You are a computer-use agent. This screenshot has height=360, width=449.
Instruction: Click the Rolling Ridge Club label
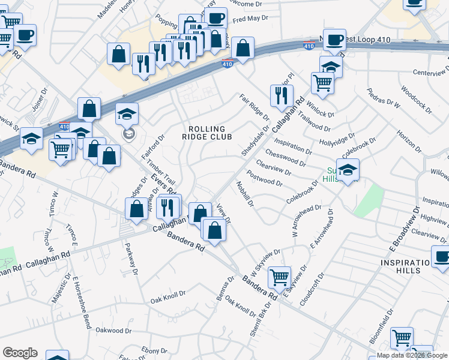[x=206, y=133]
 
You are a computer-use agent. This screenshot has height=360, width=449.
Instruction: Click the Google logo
[x=20, y=353]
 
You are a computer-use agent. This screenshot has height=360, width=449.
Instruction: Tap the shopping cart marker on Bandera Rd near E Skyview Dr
[x=279, y=277]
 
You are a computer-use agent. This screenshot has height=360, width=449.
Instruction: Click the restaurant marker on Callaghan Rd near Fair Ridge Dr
[x=281, y=94]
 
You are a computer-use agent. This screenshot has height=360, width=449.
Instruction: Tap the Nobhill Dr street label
[x=245, y=195]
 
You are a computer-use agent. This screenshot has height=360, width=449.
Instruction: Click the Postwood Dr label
[x=265, y=178]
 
